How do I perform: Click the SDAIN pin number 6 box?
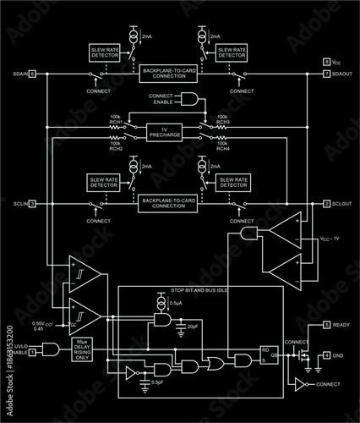pyautogui.click(x=32, y=74)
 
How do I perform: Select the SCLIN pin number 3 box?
pyautogui.click(x=32, y=204)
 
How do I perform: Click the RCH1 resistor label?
pyautogui.click(x=116, y=123)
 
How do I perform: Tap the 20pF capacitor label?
pyautogui.click(x=193, y=326)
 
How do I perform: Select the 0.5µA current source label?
pyautogui.click(x=176, y=303)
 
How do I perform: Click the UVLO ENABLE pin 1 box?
pyautogui.click(x=32, y=353)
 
